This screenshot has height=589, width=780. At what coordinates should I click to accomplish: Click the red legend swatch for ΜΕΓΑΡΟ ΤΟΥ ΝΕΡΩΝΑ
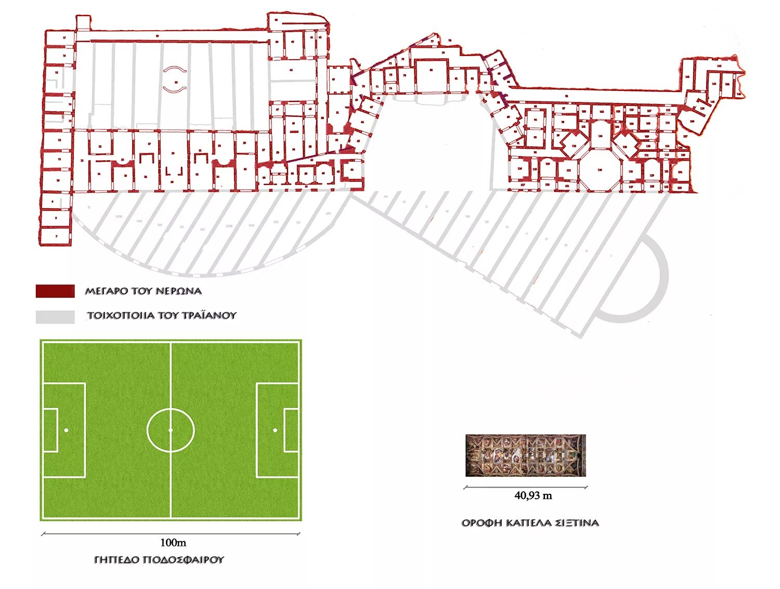tap(55, 291)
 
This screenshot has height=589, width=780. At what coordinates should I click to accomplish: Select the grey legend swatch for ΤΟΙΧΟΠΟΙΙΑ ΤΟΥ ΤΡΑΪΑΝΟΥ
tap(55, 317)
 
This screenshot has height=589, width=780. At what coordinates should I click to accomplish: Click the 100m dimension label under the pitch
tap(173, 543)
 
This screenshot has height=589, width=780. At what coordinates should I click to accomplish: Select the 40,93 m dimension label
tap(533, 496)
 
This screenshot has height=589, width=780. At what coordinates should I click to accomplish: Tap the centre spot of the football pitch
tap(171, 430)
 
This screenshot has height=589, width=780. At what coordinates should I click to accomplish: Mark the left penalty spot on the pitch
tap(66, 430)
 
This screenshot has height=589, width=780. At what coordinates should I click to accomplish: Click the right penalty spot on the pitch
tap(275, 430)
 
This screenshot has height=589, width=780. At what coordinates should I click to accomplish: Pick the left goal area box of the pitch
tap(50, 430)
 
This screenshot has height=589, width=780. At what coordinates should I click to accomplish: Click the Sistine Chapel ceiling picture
tap(525, 455)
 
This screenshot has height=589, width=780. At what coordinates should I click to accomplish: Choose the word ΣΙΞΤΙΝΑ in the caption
tap(577, 523)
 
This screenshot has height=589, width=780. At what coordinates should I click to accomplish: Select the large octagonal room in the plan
tap(600, 170)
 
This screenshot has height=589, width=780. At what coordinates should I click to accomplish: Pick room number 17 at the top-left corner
tap(64, 38)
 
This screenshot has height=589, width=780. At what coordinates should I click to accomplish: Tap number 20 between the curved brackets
tap(175, 82)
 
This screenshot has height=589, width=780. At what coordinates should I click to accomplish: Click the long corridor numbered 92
tap(567, 96)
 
